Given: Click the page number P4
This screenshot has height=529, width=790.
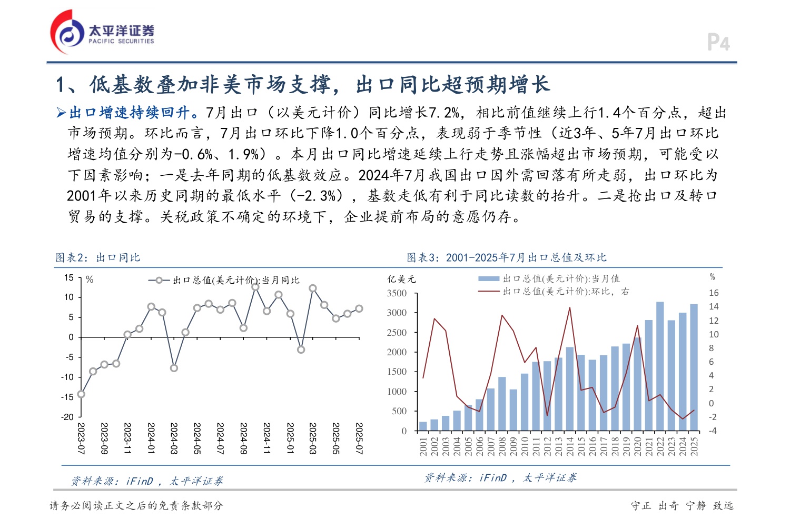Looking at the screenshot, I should [718, 43].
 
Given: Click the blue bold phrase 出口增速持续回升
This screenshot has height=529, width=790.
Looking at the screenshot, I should [130, 113].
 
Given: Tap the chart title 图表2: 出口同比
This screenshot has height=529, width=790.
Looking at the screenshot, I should [98, 257].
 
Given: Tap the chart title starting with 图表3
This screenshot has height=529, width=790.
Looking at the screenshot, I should [506, 257].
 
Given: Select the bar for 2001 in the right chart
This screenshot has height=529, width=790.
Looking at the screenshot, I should [423, 426].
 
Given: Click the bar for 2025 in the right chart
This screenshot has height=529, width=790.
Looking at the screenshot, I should [694, 367].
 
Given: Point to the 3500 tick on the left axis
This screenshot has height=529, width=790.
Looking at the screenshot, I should [397, 293].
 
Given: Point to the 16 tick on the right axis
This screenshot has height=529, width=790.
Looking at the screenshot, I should [714, 293].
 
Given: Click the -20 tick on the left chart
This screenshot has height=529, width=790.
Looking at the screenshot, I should [67, 417].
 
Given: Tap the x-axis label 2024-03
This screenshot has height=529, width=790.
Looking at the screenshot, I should [174, 438].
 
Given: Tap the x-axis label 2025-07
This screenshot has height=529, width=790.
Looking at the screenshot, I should [359, 438].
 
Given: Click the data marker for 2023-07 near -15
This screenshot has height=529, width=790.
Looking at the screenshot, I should [81, 394].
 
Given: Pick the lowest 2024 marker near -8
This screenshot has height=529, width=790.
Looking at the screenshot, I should [174, 368].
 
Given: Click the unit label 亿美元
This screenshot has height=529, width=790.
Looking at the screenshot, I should [401, 279].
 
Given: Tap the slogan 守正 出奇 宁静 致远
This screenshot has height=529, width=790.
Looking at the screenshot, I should [682, 506].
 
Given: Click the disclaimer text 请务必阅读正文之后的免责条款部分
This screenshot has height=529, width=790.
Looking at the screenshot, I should [136, 506].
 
